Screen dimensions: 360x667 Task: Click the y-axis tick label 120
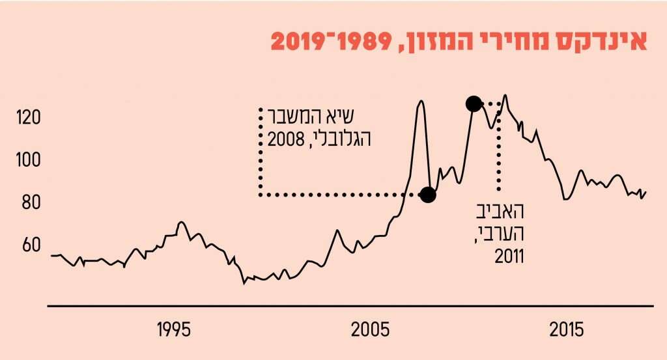pos(29,118)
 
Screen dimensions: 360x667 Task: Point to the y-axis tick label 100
pos(29,160)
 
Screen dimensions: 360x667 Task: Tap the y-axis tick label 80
pos(29,203)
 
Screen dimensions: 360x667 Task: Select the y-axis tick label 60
pos(29,245)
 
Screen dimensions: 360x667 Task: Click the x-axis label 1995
pos(174,329)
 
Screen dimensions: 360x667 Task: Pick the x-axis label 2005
pos(369,329)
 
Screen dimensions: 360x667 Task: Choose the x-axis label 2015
pos(567,329)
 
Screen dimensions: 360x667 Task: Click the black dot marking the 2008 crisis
pos(427,194)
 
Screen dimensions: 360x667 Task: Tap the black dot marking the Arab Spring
pos(474,103)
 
